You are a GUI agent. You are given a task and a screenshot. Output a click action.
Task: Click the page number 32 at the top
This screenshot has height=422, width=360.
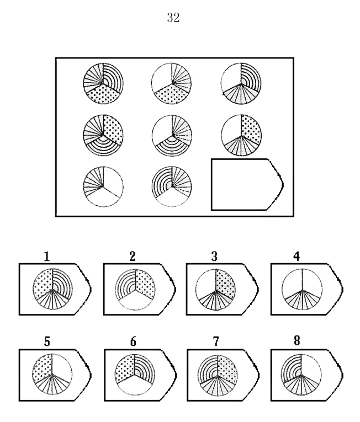pyautogui.click(x=173, y=18)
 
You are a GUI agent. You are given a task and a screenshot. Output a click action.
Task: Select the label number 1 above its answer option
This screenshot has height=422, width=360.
pyautogui.click(x=47, y=256)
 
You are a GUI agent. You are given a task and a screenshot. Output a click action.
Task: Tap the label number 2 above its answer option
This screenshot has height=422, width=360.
pyautogui.click(x=132, y=256)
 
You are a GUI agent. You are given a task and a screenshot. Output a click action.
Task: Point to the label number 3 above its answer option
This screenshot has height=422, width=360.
pyautogui.click(x=214, y=256)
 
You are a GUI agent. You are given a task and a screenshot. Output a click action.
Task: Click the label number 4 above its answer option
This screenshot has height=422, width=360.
pyautogui.click(x=297, y=256)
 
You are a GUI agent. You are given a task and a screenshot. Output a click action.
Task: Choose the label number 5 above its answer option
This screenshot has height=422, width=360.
pyautogui.click(x=47, y=341)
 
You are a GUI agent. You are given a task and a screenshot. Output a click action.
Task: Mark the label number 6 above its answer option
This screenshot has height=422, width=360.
pyautogui.click(x=133, y=341)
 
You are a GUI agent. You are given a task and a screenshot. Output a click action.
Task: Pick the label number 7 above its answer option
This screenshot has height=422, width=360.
pyautogui.click(x=216, y=341)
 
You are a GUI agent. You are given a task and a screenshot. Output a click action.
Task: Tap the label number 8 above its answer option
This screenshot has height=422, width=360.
pyautogui.click(x=297, y=341)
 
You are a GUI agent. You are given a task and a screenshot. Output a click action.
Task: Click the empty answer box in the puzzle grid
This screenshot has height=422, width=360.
pyautogui.click(x=247, y=184)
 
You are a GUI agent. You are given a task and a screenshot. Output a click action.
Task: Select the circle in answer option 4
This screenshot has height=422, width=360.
pyautogui.click(x=302, y=289)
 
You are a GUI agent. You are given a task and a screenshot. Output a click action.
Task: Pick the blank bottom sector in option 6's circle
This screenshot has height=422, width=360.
pyautogui.click(x=135, y=385)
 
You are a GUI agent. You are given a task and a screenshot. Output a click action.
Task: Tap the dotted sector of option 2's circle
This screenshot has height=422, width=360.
pyautogui.click(x=145, y=284)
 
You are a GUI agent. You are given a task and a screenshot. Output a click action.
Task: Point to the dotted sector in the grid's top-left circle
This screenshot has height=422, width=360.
pyautogui.click(x=103, y=94)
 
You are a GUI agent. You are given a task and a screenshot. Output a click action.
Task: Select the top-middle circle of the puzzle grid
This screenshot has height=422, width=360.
pyautogui.click(x=172, y=83)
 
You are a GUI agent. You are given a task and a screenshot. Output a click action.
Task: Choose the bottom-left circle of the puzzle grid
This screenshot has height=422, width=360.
pyautogui.click(x=103, y=186)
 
